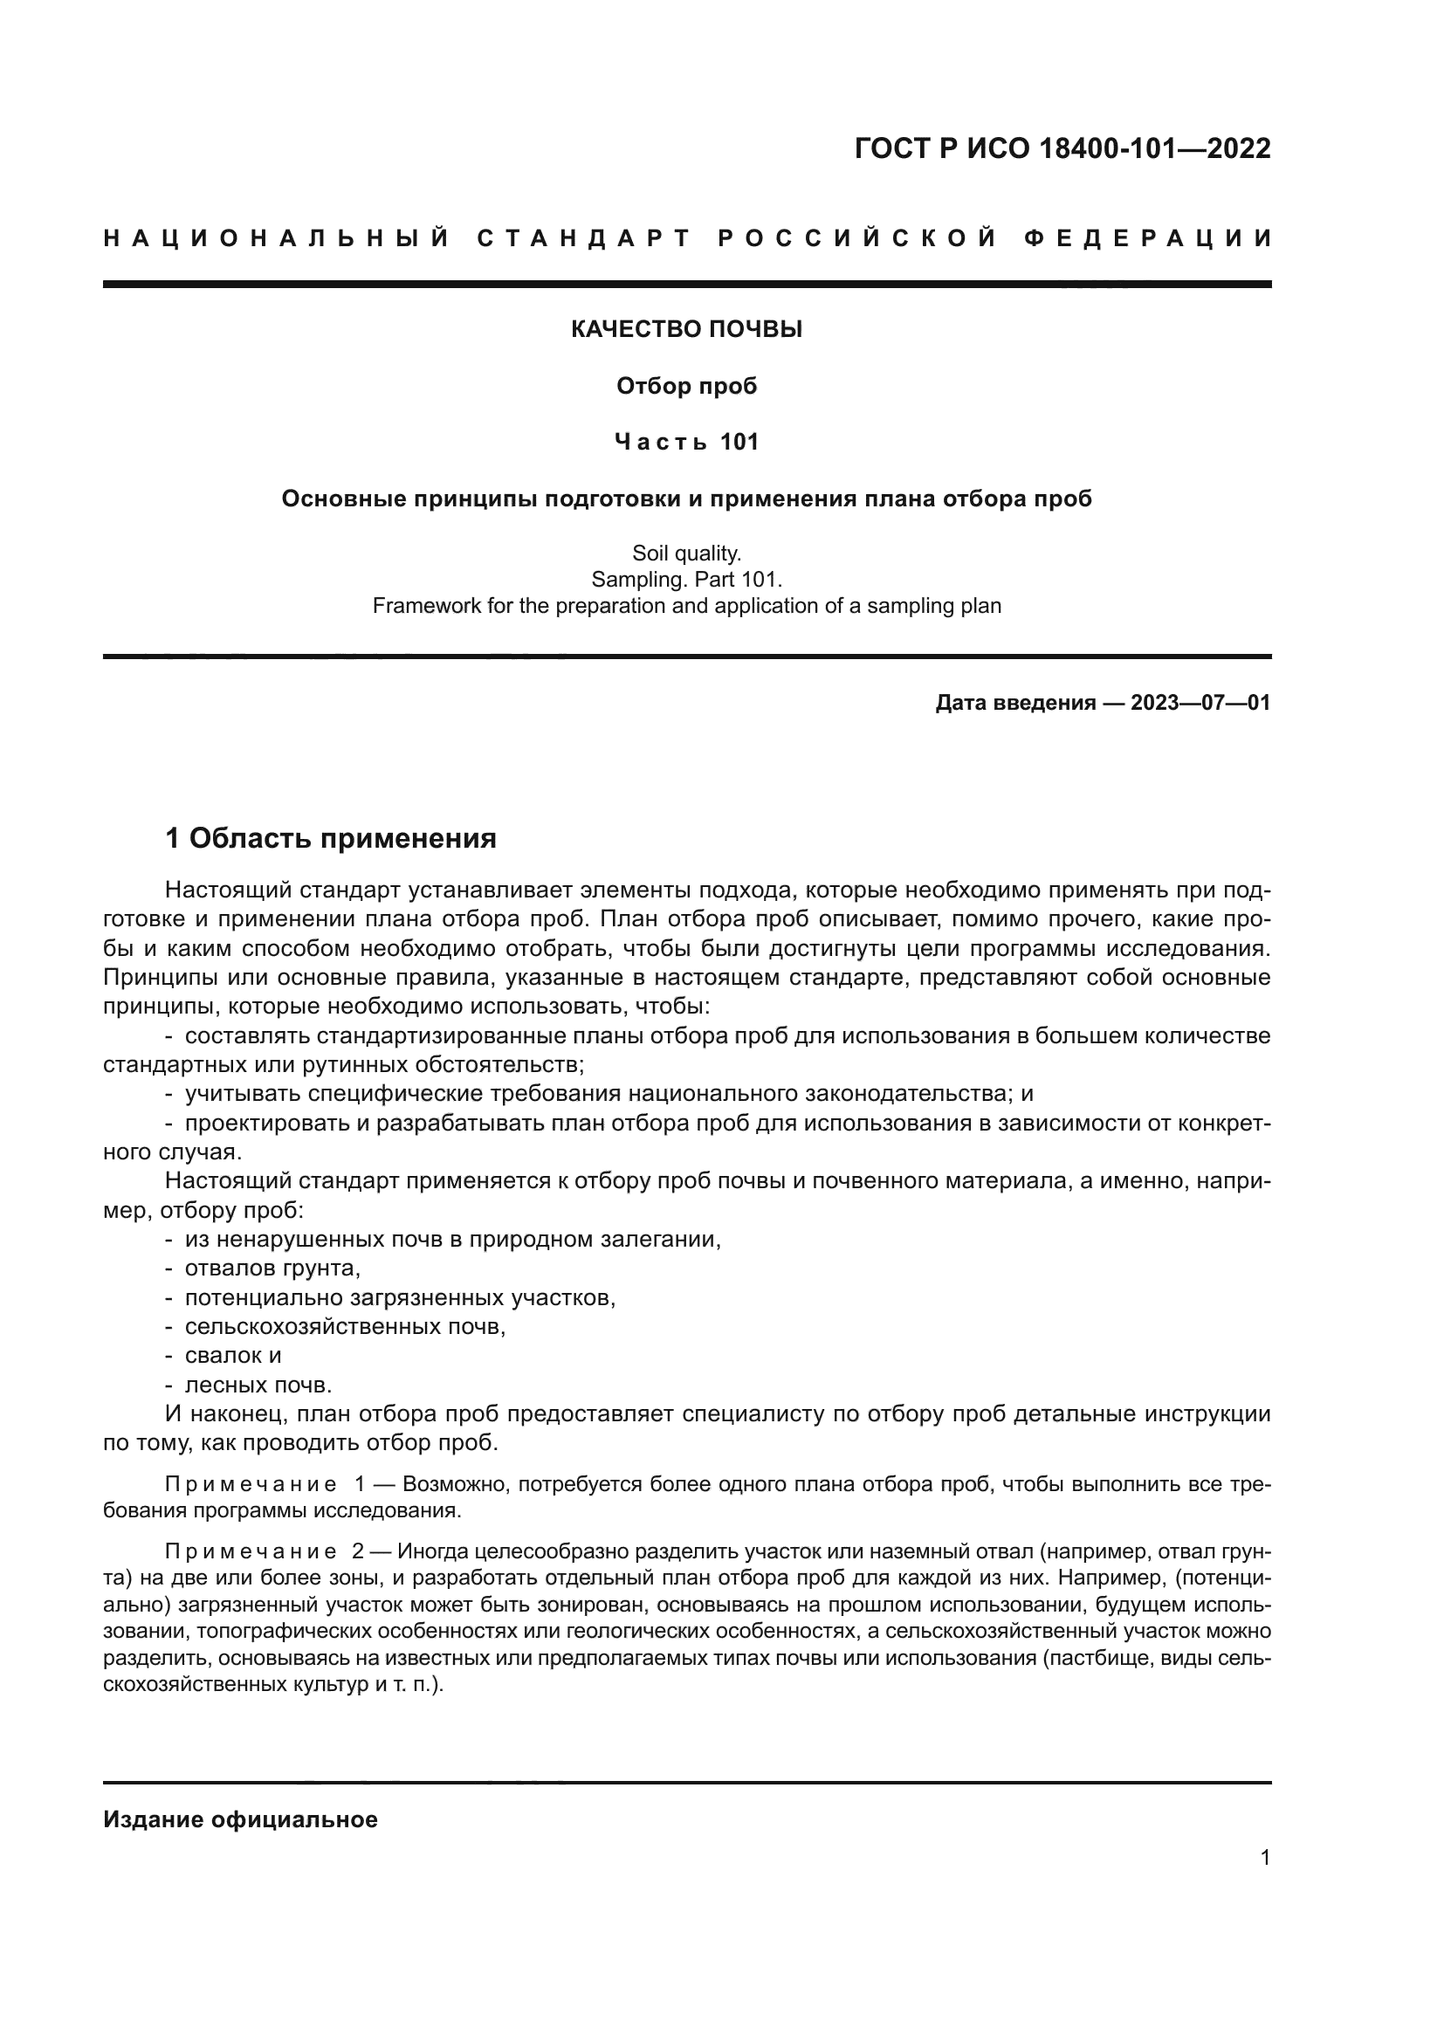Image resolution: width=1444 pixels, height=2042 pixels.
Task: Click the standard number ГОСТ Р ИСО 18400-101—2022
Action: (x=1062, y=148)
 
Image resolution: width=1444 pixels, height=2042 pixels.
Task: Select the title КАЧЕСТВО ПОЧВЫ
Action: (x=686, y=330)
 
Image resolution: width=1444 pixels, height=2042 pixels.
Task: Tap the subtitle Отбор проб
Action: (x=686, y=386)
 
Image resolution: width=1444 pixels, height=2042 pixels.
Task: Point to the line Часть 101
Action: (x=686, y=442)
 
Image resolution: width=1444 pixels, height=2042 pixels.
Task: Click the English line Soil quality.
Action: (x=686, y=553)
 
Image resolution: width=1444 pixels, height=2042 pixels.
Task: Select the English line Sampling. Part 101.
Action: (x=686, y=580)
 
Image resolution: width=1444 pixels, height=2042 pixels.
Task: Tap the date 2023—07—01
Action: (x=1200, y=704)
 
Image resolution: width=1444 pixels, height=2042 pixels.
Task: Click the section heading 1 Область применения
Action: (x=331, y=838)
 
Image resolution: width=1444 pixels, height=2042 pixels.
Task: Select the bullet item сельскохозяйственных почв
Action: (x=345, y=1327)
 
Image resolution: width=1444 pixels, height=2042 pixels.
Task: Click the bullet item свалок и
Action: (x=233, y=1356)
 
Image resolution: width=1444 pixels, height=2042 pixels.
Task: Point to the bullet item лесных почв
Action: (x=258, y=1385)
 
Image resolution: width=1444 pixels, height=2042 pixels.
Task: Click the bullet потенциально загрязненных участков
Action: (x=400, y=1297)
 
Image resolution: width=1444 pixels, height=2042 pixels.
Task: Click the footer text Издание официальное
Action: (x=240, y=1819)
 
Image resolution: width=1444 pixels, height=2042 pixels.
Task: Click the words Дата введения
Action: (x=1014, y=704)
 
